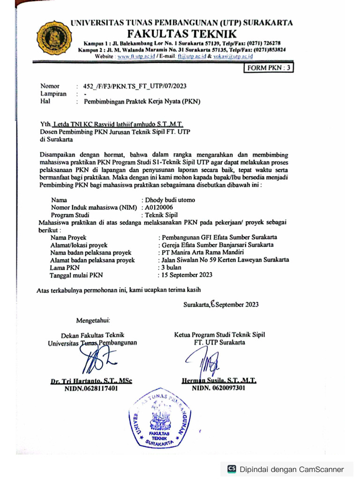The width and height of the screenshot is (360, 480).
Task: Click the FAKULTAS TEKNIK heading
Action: pos(182,34)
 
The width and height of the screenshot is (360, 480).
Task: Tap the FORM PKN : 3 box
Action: pos(268,68)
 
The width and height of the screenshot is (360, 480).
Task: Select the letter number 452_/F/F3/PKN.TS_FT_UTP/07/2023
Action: pos(135,86)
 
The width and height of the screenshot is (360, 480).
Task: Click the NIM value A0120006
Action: pos(159,207)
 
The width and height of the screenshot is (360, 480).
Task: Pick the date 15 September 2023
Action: pos(187,275)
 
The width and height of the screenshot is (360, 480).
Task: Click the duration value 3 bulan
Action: pos(171,267)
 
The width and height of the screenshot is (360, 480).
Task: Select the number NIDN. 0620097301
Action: pos(218,388)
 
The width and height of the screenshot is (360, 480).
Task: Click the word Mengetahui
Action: pos(93,321)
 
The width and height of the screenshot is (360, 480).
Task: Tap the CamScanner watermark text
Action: pos(292,469)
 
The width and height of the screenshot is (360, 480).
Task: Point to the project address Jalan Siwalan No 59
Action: pos(224,260)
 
